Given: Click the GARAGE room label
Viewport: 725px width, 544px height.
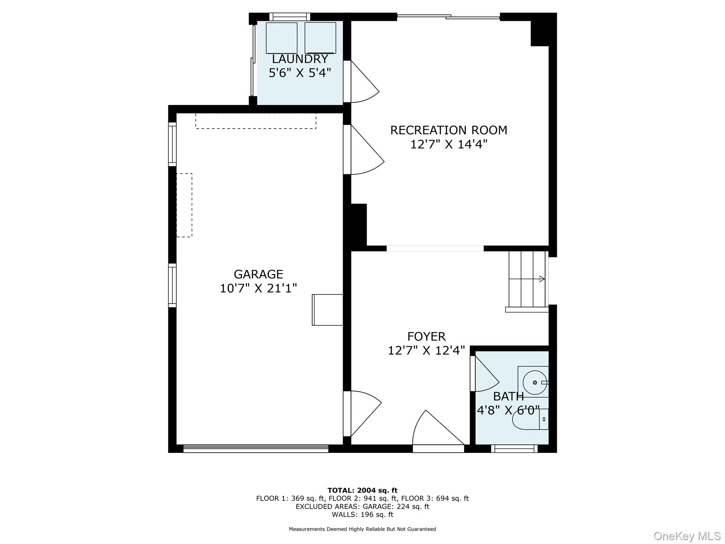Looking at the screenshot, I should point(258,274).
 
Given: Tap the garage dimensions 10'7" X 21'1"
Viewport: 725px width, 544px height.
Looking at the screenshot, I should point(258,289).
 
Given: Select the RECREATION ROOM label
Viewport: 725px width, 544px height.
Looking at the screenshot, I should point(449,130).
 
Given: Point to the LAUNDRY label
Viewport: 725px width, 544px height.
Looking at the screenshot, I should point(300,59).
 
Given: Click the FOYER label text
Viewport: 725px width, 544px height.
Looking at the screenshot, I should point(426,336).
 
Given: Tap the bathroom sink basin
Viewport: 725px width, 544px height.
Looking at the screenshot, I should point(535,382).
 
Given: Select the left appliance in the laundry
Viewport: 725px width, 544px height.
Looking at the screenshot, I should point(281,38).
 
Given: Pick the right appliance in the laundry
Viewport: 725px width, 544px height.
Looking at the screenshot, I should point(320,38).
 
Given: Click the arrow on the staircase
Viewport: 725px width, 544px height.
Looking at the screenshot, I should point(542,279).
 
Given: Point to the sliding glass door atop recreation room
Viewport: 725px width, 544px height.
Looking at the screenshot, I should point(448,16).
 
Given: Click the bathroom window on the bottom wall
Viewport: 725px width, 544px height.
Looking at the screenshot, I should point(514,449).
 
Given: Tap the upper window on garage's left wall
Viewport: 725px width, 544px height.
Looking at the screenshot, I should point(172,144).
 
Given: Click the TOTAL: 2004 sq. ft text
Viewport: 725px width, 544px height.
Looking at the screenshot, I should point(362,491).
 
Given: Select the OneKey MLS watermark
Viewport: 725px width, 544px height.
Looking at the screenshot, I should point(687,536).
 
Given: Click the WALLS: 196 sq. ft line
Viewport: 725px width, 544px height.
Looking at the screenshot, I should point(362,515).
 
